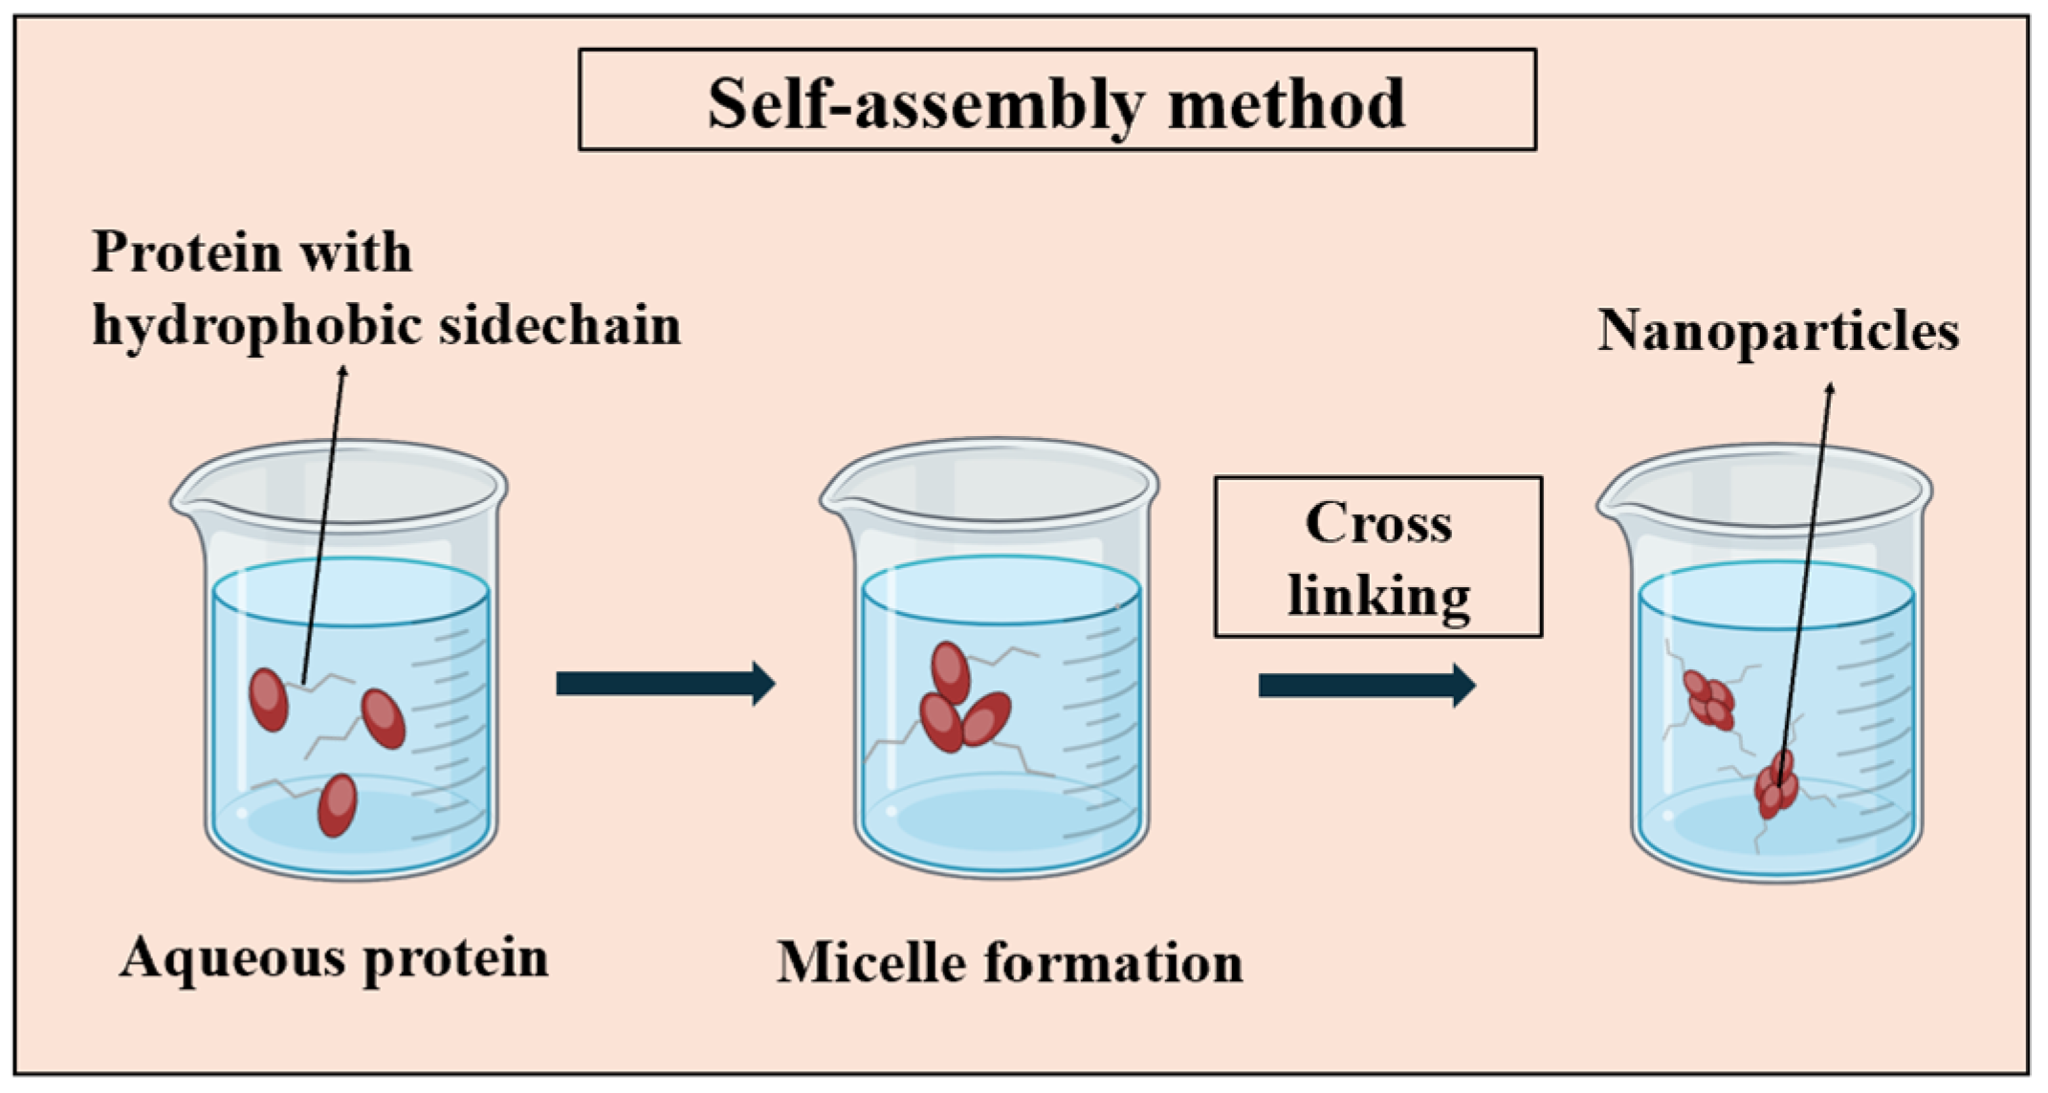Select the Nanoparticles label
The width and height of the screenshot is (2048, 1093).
[x=1778, y=332]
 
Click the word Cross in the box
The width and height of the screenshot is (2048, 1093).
[x=1378, y=524]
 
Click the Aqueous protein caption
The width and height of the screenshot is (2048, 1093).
[x=334, y=957]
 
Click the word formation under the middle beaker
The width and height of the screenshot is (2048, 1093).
[x=1112, y=962]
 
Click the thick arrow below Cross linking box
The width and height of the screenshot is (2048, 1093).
[x=1366, y=685]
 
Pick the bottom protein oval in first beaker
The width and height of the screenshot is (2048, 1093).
[x=337, y=805]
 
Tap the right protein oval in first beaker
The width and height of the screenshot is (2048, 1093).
[x=383, y=718]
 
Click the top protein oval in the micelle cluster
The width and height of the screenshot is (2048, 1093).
[x=950, y=672]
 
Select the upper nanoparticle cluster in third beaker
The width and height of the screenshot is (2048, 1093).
[x=1708, y=700]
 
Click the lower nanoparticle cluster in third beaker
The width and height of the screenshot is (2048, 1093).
[x=1777, y=784]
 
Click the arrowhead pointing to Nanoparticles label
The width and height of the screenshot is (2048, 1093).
[x=1830, y=389]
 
